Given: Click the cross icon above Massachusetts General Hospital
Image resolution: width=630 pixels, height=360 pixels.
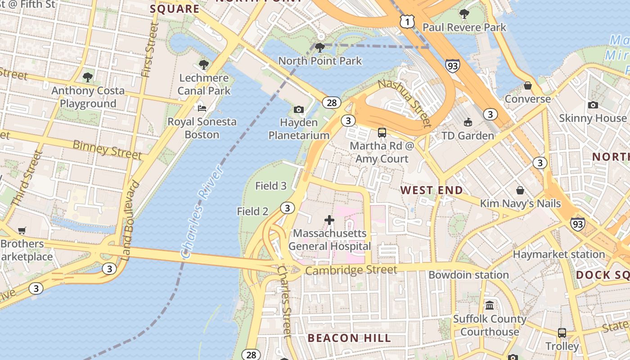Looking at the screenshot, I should point(329,220).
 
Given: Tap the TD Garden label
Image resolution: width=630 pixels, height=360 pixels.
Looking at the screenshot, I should point(468,135).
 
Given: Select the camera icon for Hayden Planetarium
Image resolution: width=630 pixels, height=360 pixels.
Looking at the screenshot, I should point(298,109).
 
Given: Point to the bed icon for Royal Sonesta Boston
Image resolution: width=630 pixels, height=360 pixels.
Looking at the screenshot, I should point(202,108).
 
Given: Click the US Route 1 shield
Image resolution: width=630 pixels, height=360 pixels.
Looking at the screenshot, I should point(406,21).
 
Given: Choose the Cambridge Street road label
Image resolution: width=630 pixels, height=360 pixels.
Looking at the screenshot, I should point(351,270).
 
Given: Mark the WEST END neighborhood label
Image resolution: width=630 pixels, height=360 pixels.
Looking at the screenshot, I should point(432,190).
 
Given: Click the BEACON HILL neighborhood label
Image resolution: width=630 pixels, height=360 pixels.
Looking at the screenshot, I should point(349,338).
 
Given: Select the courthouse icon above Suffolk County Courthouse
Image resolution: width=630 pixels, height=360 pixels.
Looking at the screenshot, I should point(490,306).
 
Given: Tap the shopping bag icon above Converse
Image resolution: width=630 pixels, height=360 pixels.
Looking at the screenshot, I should point(528,85).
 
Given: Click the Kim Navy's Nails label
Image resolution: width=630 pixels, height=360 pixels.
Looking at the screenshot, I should point(520,203).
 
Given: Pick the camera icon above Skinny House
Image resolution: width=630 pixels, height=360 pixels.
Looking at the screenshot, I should point(593,105).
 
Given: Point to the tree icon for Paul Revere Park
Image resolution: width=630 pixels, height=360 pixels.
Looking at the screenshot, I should point(464,14).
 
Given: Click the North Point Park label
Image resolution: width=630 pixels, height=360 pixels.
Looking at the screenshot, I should point(320,61).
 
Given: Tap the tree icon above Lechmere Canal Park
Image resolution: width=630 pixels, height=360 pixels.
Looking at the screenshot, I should point(204,65).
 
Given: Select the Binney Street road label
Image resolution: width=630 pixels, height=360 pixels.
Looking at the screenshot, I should point(107,149).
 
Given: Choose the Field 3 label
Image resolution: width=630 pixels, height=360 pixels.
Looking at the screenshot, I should point(271,186).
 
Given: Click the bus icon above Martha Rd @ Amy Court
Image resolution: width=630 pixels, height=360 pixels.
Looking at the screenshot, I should point(382,133).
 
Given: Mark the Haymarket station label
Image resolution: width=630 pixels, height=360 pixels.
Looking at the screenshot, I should point(559,254).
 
